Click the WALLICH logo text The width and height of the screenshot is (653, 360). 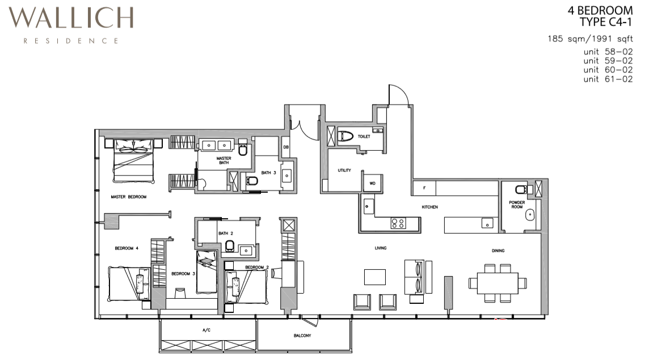click(71, 18)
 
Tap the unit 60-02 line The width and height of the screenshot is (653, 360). click(608, 70)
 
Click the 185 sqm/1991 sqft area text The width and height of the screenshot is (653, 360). click(590, 39)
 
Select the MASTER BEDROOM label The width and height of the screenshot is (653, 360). click(129, 197)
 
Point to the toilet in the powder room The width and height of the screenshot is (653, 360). click(521, 190)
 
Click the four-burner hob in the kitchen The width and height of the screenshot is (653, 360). click(398, 223)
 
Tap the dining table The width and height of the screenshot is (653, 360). click(498, 283)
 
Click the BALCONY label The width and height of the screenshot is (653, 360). click(302, 336)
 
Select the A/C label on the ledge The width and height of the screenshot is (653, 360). click(207, 330)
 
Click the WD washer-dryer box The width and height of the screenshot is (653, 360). click(372, 183)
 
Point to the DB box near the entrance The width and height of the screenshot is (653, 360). click(286, 147)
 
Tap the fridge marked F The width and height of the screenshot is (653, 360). click(424, 188)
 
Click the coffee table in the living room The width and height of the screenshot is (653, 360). click(375, 277)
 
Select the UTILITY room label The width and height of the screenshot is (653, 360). click(344, 170)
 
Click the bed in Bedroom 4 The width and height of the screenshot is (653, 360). click(129, 283)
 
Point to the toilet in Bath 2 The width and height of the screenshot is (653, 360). click(230, 246)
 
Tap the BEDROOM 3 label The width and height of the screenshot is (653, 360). click(183, 273)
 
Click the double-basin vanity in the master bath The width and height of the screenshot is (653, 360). click(217, 145)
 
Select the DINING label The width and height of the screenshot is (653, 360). click(498, 251)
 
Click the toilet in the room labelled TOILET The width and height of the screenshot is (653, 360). click(346, 135)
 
